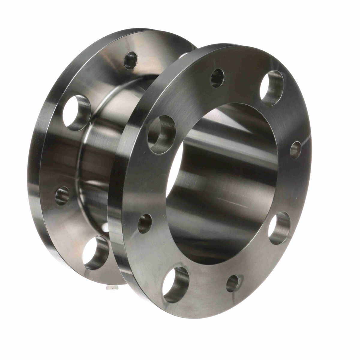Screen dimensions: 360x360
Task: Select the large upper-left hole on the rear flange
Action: tap(77, 113)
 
